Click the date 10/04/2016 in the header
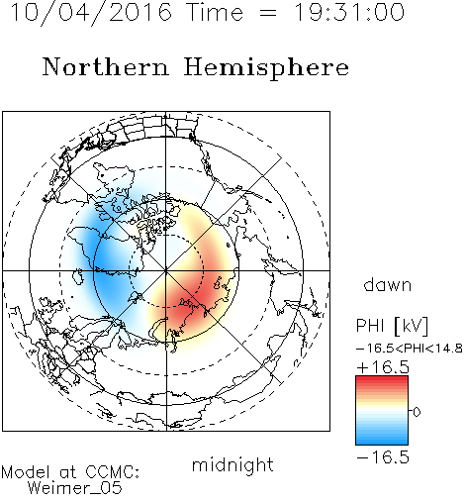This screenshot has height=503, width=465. pyautogui.click(x=91, y=13)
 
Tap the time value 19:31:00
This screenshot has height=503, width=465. pyautogui.click(x=348, y=12)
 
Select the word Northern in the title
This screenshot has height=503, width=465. pyautogui.click(x=106, y=66)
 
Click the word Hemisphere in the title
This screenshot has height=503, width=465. pyautogui.click(x=266, y=68)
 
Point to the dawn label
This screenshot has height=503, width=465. pyautogui.click(x=388, y=285)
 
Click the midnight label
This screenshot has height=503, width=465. pyautogui.click(x=232, y=465)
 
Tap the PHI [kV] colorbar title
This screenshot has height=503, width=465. pyautogui.click(x=392, y=326)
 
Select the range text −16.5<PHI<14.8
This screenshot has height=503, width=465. pyautogui.click(x=409, y=349)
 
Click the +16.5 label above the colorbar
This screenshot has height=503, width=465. pyautogui.click(x=383, y=367)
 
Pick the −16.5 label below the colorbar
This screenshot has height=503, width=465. pyautogui.click(x=383, y=457)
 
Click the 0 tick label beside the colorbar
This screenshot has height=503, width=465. pyautogui.click(x=417, y=412)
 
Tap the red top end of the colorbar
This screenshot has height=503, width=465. pyautogui.click(x=382, y=379)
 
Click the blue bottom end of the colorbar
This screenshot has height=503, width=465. pyautogui.click(x=382, y=442)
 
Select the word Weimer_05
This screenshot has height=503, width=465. pyautogui.click(x=75, y=488)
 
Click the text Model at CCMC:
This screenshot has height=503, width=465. pyautogui.click(x=70, y=472)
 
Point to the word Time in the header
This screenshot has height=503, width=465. pyautogui.click(x=215, y=12)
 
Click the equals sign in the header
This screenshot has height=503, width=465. pyautogui.click(x=268, y=13)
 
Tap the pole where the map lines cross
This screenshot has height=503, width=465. pyautogui.click(x=166, y=270)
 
